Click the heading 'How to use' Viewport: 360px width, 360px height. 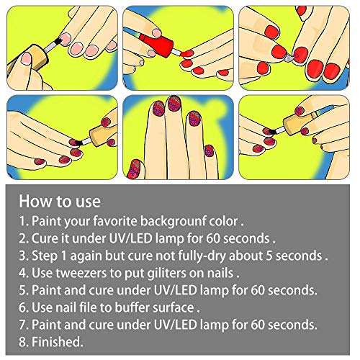(60, 201)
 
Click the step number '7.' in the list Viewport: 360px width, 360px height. (24, 325)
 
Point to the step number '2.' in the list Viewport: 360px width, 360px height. (24, 239)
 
